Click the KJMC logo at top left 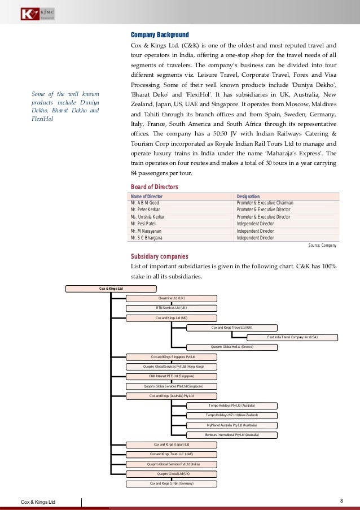pyautogui.click(x=36, y=13)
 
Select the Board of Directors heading pyautogui.click(x=154, y=187)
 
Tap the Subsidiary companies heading pyautogui.click(x=159, y=256)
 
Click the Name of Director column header pyautogui.click(x=150, y=196)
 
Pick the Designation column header pyautogui.click(x=249, y=196)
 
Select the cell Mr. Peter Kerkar pyautogui.click(x=145, y=210)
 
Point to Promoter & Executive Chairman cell pyautogui.click(x=265, y=203)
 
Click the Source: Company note pyautogui.click(x=322, y=246)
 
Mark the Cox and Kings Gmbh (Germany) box pyautogui.click(x=171, y=483)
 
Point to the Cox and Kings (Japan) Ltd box pyautogui.click(x=171, y=444)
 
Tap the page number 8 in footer pyautogui.click(x=342, y=501)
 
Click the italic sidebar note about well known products pyautogui.click(x=65, y=107)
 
